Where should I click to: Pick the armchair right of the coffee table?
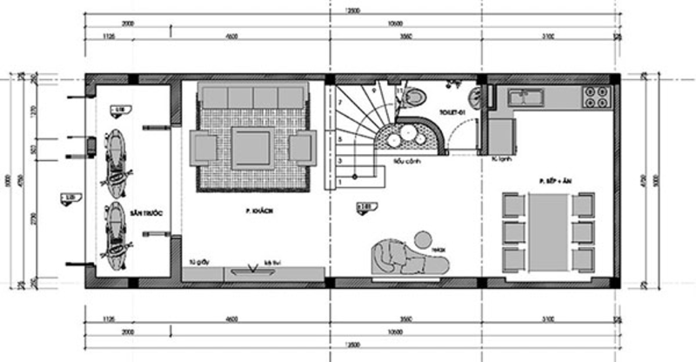tap(300, 148)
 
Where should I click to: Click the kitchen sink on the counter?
tap(525, 95)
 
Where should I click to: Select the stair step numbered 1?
tap(342, 183)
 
